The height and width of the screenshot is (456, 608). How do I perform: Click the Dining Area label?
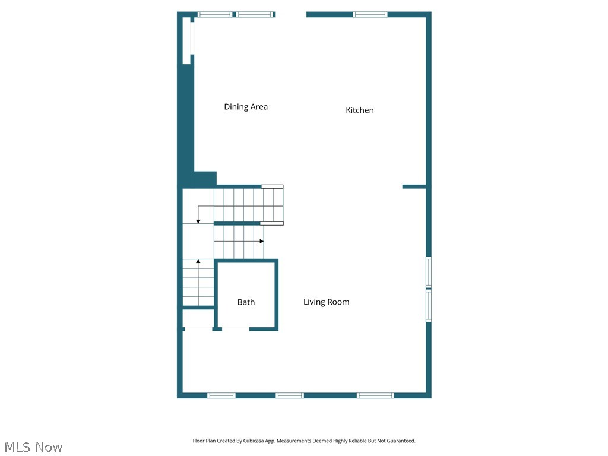pyautogui.click(x=246, y=107)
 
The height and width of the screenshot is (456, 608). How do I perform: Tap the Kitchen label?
pyautogui.click(x=360, y=110)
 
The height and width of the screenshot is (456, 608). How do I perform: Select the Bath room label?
pyautogui.click(x=246, y=302)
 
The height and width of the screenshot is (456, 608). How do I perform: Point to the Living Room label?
pyautogui.click(x=326, y=302)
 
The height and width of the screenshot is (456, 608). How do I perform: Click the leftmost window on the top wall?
pyautogui.click(x=215, y=14)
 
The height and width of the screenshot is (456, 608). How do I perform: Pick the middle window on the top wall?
pyautogui.click(x=255, y=14)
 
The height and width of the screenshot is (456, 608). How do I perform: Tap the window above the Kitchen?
pyautogui.click(x=370, y=14)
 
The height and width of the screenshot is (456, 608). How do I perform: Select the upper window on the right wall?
pyautogui.click(x=429, y=273)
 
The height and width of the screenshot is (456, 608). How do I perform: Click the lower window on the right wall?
pyautogui.click(x=429, y=306)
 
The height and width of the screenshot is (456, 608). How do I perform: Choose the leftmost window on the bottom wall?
pyautogui.click(x=221, y=395)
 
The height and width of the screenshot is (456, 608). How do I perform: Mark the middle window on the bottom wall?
pyautogui.click(x=290, y=395)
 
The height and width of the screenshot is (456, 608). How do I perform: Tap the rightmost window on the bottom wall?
pyautogui.click(x=375, y=395)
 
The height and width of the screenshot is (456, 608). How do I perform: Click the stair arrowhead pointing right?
pyautogui.click(x=261, y=241)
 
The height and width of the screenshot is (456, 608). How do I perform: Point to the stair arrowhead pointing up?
pyautogui.click(x=198, y=261)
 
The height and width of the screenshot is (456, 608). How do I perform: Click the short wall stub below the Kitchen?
pyautogui.click(x=414, y=186)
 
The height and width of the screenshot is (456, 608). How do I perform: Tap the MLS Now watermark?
pyautogui.click(x=33, y=447)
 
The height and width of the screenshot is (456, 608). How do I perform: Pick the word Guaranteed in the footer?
pyautogui.click(x=401, y=441)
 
